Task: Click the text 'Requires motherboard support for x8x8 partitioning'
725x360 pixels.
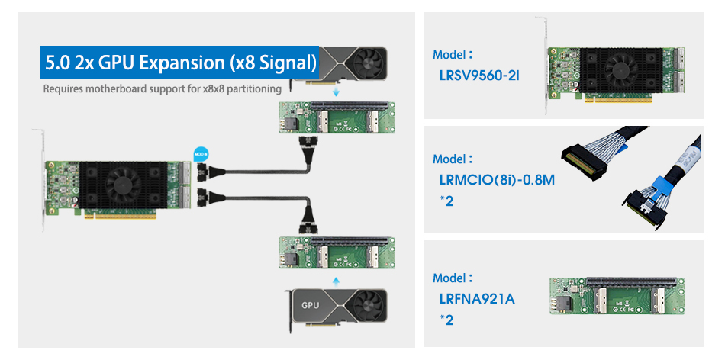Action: pyautogui.click(x=163, y=89)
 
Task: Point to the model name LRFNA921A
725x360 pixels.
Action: pyautogui.click(x=477, y=298)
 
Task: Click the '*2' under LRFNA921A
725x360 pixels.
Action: pyautogui.click(x=446, y=320)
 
